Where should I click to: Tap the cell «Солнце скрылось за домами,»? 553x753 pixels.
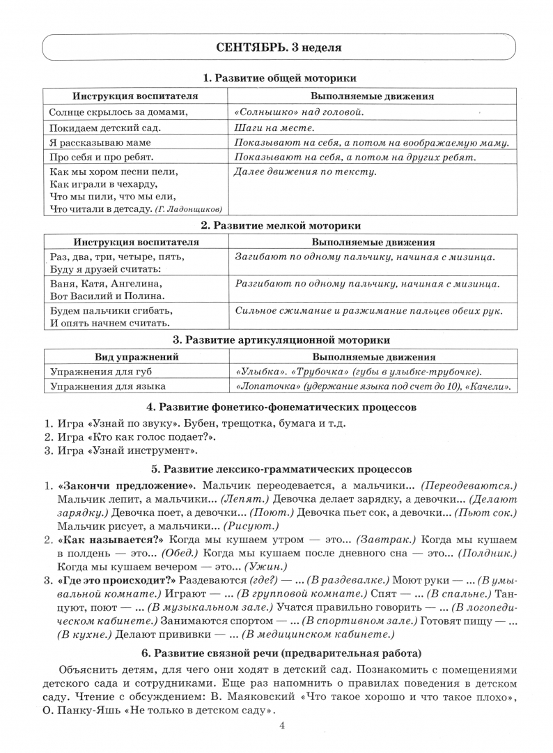[119, 112]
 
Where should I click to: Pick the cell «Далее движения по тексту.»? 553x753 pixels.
[305, 172]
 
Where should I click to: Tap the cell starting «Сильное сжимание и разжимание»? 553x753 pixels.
[369, 312]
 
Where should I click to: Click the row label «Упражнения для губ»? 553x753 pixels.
[96, 372]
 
